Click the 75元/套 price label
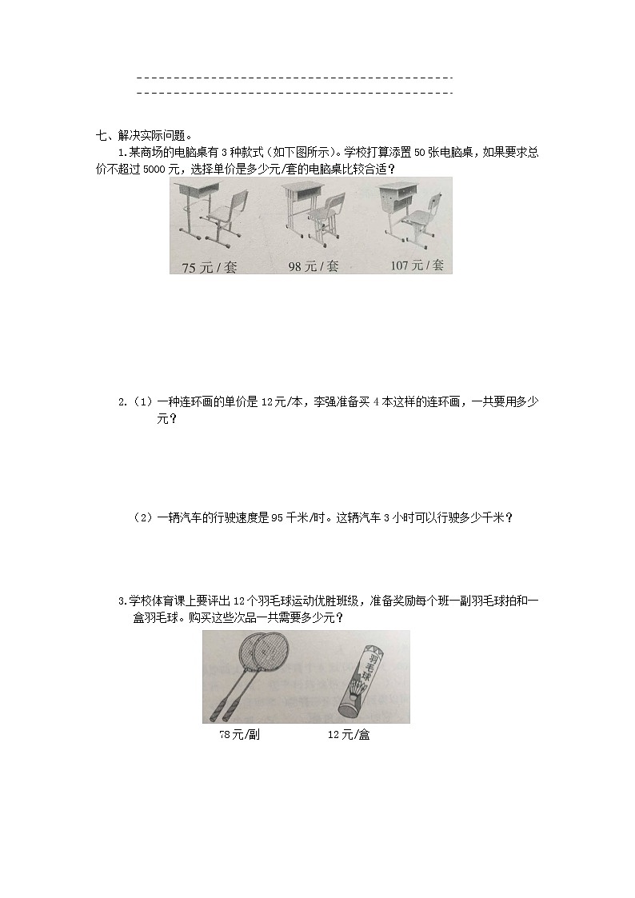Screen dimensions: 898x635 (x=210, y=268)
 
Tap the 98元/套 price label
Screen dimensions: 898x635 (x=314, y=266)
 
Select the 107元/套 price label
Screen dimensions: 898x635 (x=417, y=265)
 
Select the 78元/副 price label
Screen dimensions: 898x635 (x=239, y=735)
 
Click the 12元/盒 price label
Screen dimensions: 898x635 (x=349, y=735)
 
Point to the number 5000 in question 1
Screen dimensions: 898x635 (x=133, y=169)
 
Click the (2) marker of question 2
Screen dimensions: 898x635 (x=142, y=517)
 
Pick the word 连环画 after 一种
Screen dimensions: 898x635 (x=200, y=402)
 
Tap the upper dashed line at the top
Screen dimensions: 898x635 (x=295, y=78)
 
